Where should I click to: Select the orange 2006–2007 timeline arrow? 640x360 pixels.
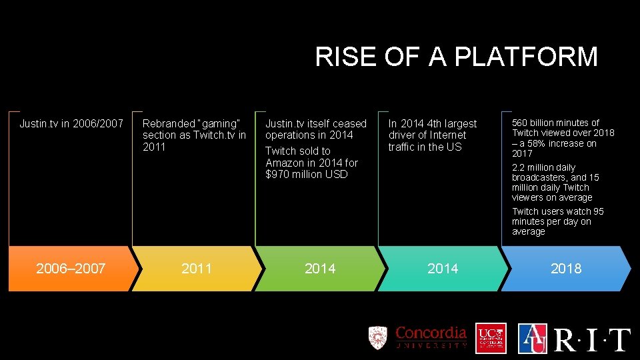point(71,269)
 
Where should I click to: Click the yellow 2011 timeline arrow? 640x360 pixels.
point(197,269)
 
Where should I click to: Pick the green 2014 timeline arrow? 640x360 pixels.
point(319,269)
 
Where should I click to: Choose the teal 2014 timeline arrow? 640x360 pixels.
point(443,269)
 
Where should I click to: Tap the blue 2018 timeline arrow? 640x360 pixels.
point(565,269)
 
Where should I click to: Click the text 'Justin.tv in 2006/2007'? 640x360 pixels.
point(71,123)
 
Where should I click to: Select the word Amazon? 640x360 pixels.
point(285,163)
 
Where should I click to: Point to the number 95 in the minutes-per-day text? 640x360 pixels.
point(598,211)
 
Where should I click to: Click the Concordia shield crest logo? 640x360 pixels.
point(378,337)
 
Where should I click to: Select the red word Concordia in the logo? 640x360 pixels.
point(431,333)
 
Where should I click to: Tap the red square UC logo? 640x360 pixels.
point(491,338)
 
